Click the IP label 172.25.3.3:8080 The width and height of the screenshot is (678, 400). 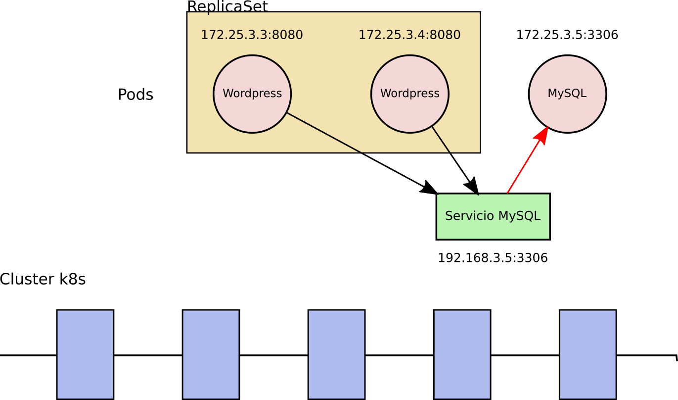tap(251, 35)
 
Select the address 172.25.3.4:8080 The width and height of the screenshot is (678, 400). tap(409, 35)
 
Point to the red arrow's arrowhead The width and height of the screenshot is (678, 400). tap(542, 135)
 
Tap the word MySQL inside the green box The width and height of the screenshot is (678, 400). tap(519, 216)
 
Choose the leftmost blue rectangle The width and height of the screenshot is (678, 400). tap(85, 354)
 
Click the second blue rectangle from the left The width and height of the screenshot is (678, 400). tap(211, 354)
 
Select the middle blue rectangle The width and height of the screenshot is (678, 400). tap(336, 354)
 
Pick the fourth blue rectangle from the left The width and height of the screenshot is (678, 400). tap(462, 354)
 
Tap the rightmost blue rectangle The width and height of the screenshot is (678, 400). tap(588, 354)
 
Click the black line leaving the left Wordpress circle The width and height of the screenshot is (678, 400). tap(324, 133)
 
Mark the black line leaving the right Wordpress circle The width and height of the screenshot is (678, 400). tap(441, 140)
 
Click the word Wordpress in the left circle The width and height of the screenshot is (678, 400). tap(252, 94)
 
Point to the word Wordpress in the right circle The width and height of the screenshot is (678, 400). tap(409, 94)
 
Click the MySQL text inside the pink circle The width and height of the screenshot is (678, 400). tap(567, 94)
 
